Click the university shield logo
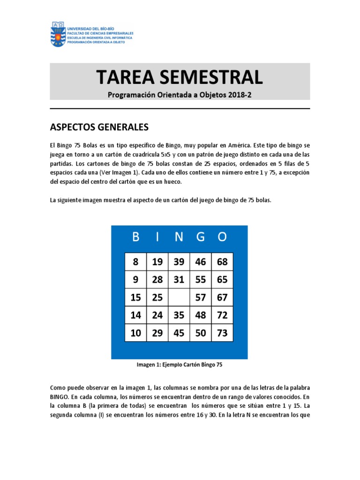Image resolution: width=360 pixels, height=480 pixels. point(58,34)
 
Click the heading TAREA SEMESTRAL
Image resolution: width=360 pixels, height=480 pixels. point(180,77)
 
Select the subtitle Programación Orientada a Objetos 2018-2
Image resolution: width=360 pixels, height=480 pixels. point(180,94)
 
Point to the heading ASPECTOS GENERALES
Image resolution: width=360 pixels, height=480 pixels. point(99,127)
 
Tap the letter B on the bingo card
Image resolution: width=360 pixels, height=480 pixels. point(135,237)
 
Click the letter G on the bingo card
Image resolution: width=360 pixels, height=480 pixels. point(201,237)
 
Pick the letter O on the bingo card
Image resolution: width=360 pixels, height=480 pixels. point(222,237)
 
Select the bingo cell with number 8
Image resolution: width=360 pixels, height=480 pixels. point(136,262)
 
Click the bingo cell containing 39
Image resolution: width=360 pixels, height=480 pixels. point(179,262)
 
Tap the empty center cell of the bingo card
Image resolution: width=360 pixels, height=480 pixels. point(179,298)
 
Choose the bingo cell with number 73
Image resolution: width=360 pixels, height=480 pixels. point(222,333)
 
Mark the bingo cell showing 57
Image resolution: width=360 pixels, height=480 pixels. point(201,298)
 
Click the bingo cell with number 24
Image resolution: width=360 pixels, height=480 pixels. point(157,315)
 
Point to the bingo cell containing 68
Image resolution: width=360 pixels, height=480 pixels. point(222,262)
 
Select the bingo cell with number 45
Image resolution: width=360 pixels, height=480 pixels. point(179,333)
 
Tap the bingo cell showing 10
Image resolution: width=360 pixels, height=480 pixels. point(136,333)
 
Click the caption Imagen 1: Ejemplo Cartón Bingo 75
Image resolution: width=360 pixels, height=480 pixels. point(180,365)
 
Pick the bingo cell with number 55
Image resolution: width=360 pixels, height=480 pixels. point(201,280)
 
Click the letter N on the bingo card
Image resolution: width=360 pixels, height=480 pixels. point(179,237)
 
